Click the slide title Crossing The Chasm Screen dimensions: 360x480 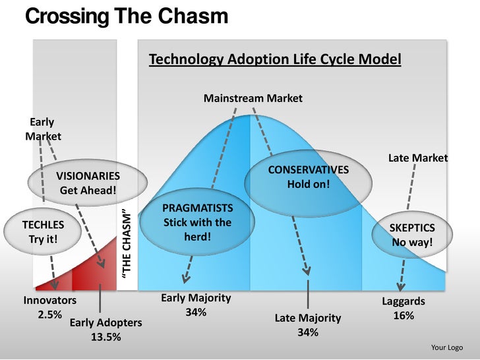(x=126, y=16)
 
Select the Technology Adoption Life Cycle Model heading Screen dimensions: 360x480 (x=275, y=59)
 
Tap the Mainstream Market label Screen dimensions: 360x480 (x=253, y=98)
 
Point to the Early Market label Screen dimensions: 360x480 (x=42, y=129)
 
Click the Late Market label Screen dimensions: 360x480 (x=417, y=158)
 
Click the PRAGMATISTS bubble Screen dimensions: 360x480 (x=197, y=222)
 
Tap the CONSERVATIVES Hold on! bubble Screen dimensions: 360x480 (x=308, y=177)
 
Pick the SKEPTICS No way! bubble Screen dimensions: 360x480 (x=412, y=235)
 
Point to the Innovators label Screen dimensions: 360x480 (x=50, y=301)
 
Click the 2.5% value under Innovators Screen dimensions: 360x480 (x=49, y=315)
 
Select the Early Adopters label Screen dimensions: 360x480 (x=105, y=323)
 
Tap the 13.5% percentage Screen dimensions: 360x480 (x=105, y=338)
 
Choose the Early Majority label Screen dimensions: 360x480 (x=196, y=298)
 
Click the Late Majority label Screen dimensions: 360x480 (x=308, y=318)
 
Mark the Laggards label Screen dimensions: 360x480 (x=404, y=301)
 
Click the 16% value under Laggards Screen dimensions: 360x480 (x=404, y=316)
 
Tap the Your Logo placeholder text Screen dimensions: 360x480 (x=446, y=347)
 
